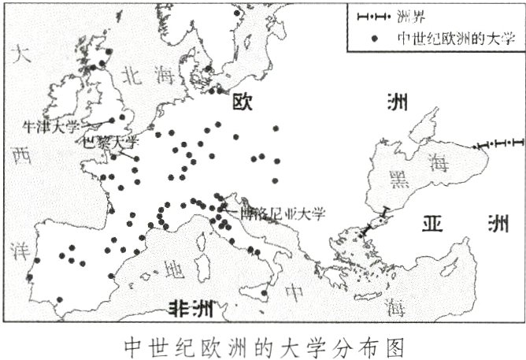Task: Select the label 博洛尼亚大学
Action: pyautogui.click(x=276, y=211)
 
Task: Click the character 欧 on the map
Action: pyautogui.click(x=241, y=102)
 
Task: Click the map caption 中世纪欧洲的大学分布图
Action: pyautogui.click(x=264, y=346)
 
